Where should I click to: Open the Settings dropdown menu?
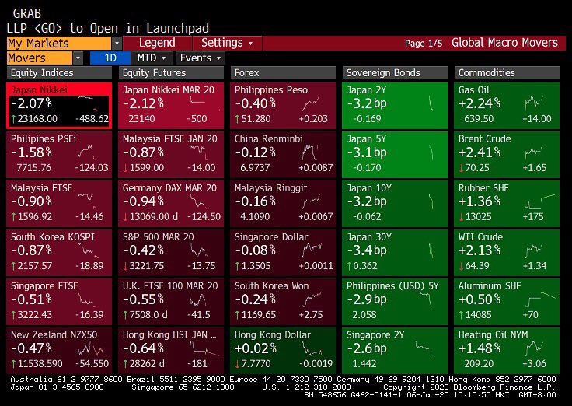226,43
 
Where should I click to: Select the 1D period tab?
110,58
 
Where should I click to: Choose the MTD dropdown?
151,58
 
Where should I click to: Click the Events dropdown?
200,58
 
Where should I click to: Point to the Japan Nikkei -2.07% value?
32,103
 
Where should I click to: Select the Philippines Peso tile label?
270,89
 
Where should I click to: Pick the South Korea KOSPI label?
46,236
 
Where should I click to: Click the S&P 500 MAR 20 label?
158,236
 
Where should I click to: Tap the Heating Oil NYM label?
493,334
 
